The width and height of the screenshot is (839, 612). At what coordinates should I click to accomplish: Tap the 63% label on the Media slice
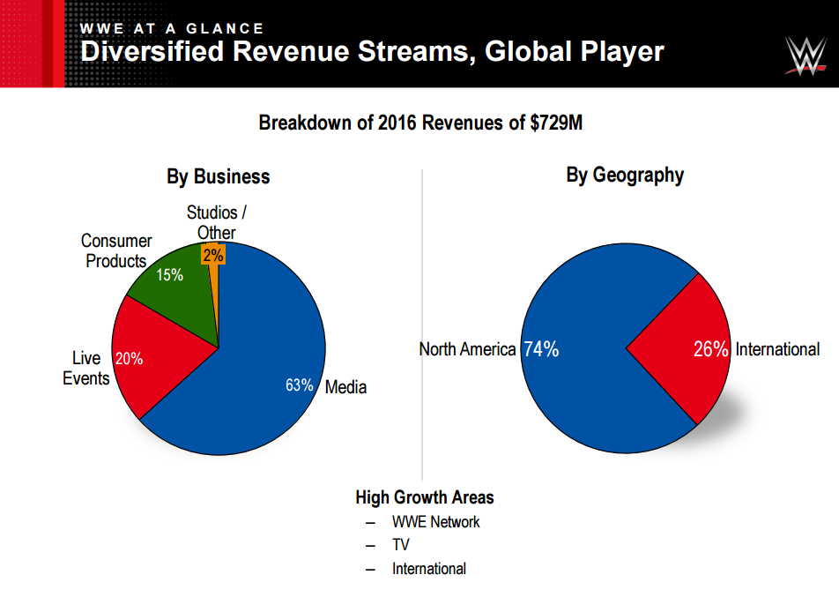300,385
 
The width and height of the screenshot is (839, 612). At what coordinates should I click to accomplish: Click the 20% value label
130,359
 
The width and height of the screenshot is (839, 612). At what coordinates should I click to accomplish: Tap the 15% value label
169,274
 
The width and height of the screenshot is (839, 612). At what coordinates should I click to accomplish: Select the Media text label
345,386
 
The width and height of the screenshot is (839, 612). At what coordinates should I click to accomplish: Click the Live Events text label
86,368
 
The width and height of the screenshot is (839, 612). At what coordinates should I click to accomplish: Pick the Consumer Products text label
116,250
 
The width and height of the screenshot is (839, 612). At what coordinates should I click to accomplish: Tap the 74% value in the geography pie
541,349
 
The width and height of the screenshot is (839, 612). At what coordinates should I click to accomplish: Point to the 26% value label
710,349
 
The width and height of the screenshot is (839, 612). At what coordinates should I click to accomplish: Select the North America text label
467,349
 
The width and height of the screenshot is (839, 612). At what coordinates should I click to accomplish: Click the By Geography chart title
625,175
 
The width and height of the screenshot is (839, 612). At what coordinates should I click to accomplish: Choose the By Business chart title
219,176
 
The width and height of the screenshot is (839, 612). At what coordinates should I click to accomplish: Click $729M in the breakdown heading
556,123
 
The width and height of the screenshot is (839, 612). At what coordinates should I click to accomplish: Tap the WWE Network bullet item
435,521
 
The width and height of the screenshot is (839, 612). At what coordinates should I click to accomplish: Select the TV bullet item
401,545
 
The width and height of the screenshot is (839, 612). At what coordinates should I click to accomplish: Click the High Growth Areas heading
425,496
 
